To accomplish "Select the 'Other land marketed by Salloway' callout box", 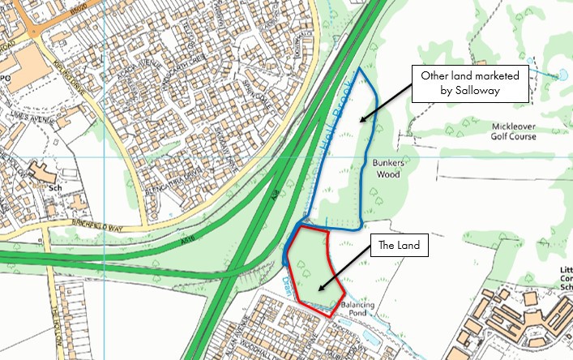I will [469, 84].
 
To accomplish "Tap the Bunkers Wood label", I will [387, 168].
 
